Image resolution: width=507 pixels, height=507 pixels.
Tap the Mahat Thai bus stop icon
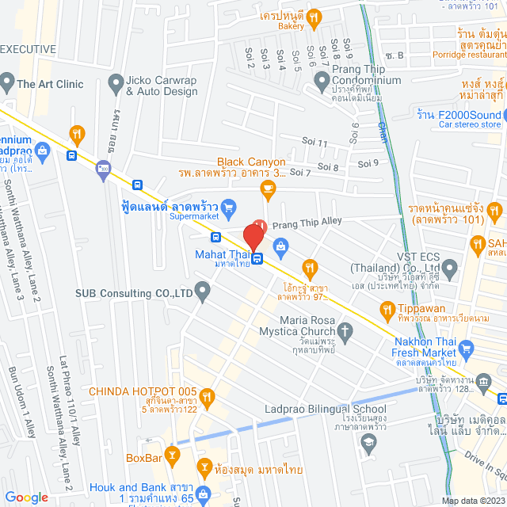coord(258,257)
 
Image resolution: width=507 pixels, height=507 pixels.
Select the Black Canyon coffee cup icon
coord(268,187)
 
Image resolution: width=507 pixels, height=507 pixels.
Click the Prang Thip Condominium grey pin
coord(321,80)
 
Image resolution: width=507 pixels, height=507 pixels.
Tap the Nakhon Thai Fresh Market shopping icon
coord(466,347)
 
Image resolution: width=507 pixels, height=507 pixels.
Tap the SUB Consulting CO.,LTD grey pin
coord(203,293)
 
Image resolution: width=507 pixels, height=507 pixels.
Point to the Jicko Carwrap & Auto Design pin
coord(116,82)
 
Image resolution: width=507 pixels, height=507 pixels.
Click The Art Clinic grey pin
coord(7,81)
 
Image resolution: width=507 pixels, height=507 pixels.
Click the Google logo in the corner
coord(27,497)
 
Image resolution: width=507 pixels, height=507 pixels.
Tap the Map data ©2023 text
coord(472,500)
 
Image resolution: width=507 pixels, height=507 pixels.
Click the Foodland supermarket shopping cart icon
coord(229,208)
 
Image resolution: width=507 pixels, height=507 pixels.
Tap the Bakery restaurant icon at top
coord(314,16)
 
